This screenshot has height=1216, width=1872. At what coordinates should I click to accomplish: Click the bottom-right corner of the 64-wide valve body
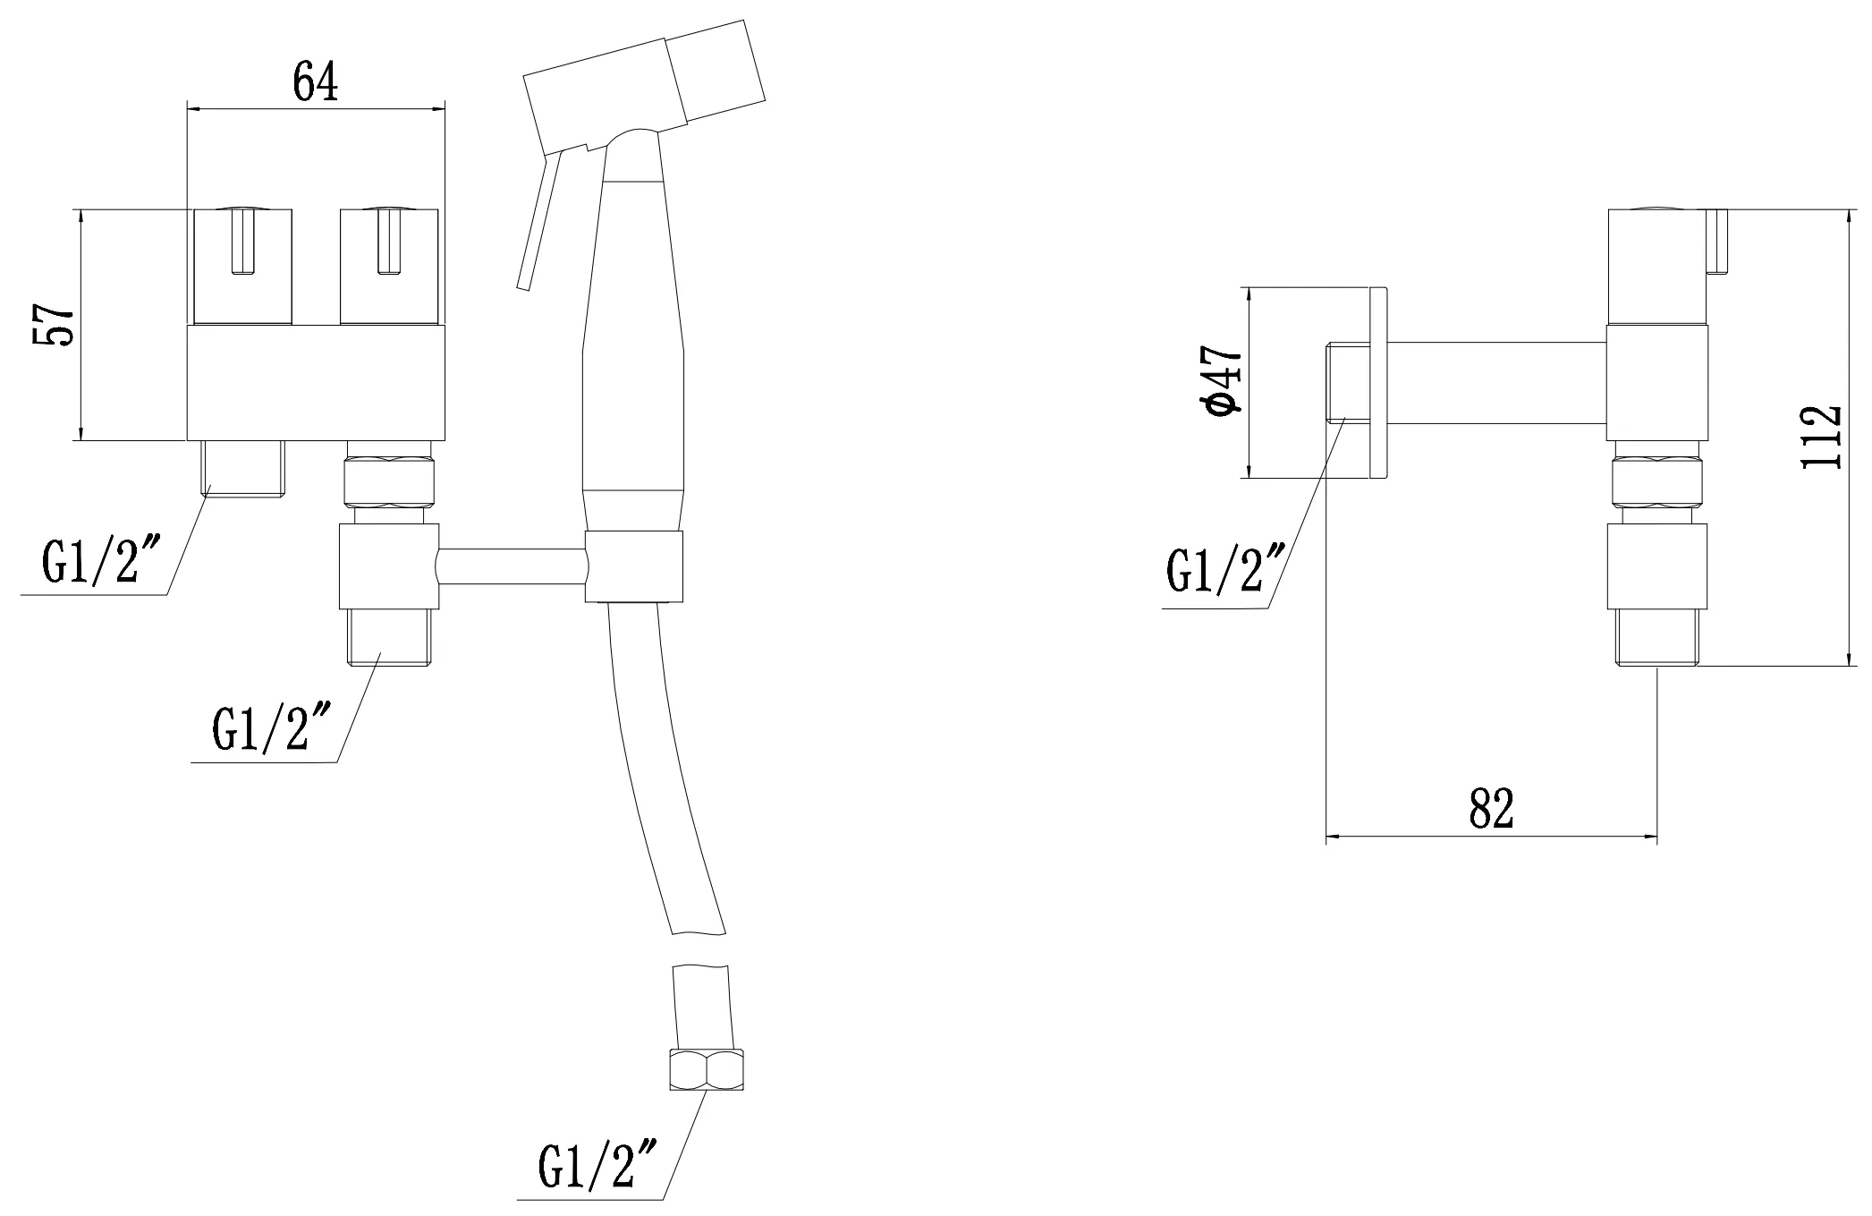pyautogui.click(x=445, y=440)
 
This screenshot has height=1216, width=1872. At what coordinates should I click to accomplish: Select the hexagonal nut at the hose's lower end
pyautogui.click(x=707, y=1070)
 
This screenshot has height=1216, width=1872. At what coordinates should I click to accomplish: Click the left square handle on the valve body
pyautogui.click(x=243, y=267)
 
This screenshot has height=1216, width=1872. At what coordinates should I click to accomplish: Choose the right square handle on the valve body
pyautogui.click(x=389, y=267)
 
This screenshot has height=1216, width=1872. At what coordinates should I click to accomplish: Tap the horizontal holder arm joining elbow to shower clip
pyautogui.click(x=512, y=566)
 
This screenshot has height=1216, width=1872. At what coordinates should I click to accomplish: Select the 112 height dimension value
pyautogui.click(x=1821, y=438)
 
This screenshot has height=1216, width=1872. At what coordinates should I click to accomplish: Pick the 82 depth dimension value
pyautogui.click(x=1491, y=809)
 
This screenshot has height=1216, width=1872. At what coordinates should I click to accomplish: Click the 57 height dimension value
pyautogui.click(x=53, y=325)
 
